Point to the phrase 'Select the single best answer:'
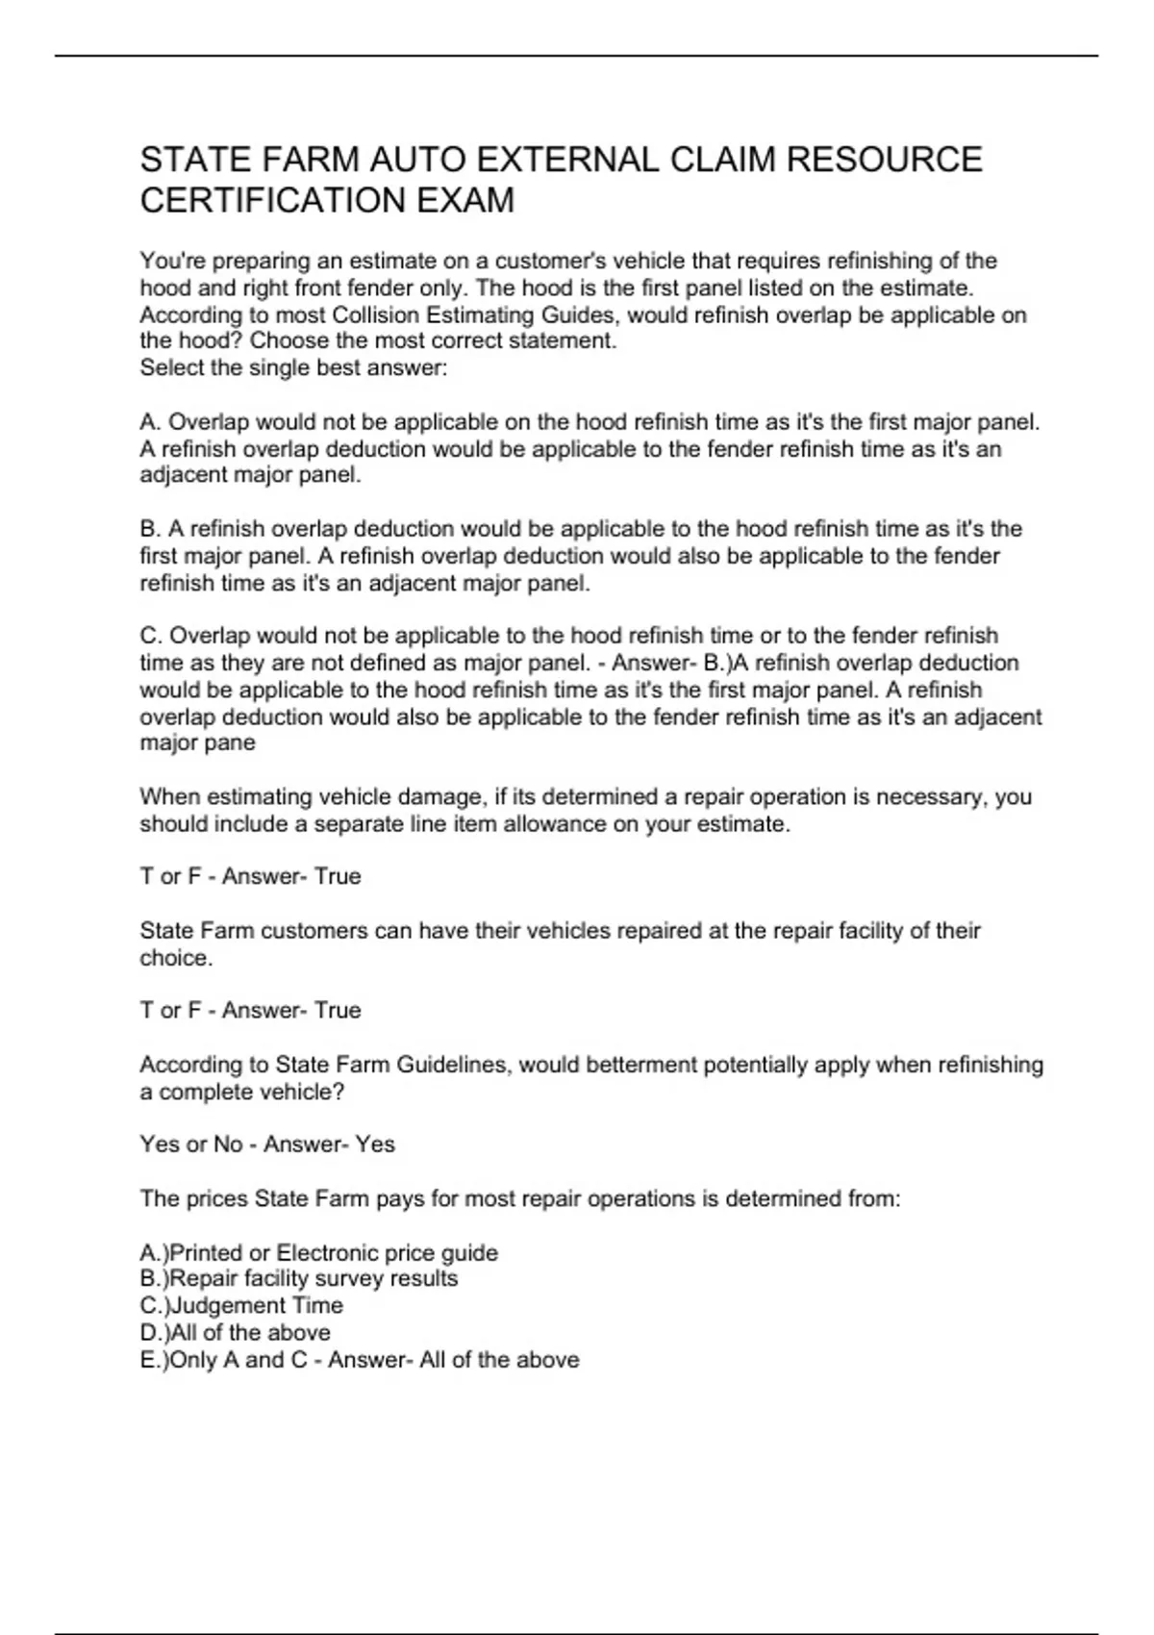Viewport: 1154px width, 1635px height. coord(293,367)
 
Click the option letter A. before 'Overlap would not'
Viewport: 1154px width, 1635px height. coord(150,422)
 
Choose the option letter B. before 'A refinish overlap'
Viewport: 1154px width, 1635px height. coord(150,529)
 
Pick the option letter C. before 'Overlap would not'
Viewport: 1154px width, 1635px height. coord(150,636)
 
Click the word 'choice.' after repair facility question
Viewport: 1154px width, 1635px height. coord(176,958)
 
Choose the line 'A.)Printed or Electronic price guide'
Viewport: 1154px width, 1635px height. coord(318,1252)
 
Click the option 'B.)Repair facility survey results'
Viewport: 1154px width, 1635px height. coord(298,1278)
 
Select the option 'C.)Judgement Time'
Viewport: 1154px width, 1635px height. coord(241,1305)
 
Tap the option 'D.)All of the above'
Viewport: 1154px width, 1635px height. coord(235,1332)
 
